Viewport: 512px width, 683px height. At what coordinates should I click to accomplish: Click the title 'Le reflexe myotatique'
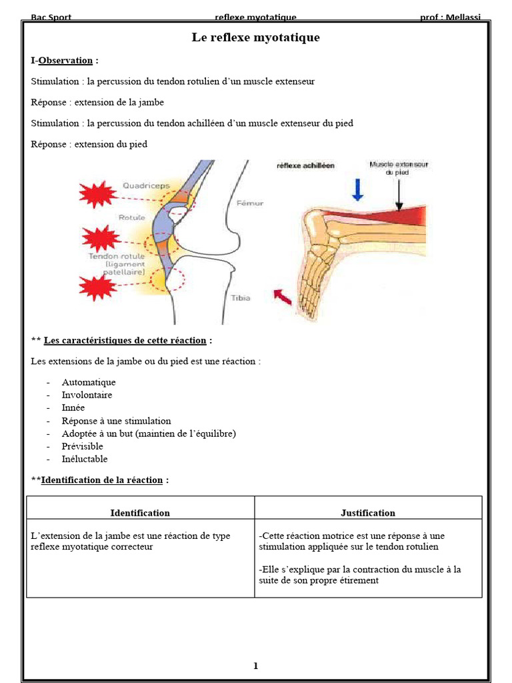255,38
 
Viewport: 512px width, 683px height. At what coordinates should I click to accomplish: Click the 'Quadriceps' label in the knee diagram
146,186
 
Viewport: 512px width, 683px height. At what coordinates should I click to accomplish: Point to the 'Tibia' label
240,298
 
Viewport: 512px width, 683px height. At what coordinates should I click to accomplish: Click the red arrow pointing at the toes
283,296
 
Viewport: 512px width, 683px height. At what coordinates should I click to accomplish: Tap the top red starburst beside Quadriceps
98,194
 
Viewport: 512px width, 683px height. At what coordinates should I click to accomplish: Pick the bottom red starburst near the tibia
98,287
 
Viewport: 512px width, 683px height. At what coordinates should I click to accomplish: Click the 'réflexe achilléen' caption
306,165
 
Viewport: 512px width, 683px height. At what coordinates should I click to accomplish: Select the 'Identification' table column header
140,513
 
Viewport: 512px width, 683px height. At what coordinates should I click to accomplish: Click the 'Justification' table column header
368,513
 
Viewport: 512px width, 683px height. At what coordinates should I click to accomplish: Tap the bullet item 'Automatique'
89,382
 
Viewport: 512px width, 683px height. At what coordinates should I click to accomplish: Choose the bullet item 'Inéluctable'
85,459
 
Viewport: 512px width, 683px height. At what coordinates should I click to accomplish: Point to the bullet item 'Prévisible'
83,446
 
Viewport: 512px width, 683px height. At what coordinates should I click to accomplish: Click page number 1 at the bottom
255,666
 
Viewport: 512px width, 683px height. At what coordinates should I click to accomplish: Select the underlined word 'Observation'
65,61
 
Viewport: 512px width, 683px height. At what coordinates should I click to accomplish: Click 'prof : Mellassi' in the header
450,17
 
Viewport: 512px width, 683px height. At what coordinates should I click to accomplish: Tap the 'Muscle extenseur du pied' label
399,167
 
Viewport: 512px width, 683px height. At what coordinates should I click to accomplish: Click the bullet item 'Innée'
73,408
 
